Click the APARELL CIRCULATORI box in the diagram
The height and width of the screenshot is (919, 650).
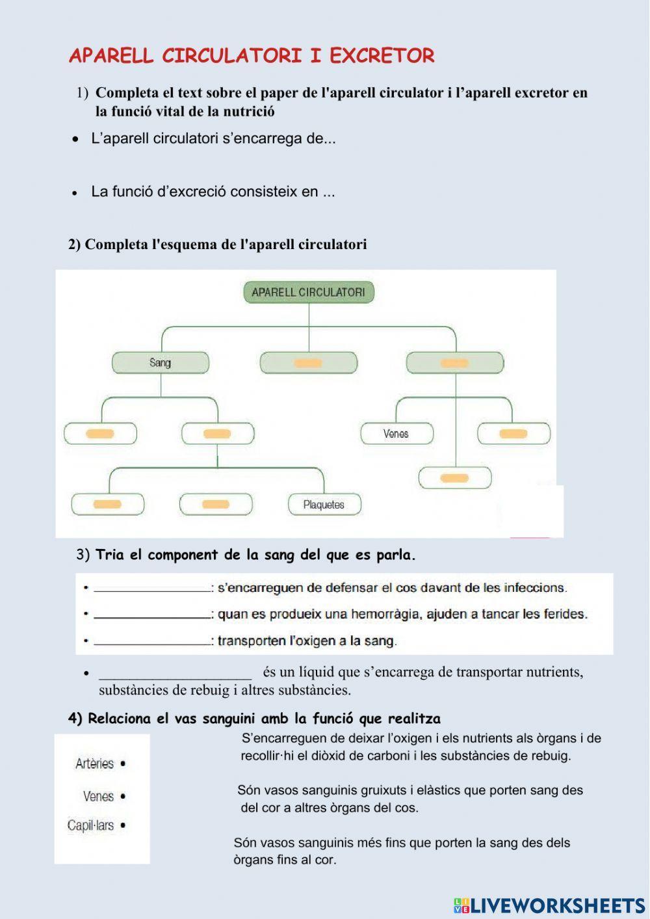coord(308,293)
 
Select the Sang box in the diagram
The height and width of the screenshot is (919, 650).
coord(161,362)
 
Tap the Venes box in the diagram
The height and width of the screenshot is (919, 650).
coord(396,433)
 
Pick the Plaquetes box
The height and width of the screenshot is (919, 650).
coord(324,504)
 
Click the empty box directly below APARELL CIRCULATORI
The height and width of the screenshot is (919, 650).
coord(308,362)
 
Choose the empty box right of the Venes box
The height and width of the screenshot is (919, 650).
coord(513,433)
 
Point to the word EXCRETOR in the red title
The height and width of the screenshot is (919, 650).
coord(382,56)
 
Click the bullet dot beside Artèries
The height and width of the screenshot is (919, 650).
coord(123,764)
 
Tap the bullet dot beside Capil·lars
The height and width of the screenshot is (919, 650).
coord(123,826)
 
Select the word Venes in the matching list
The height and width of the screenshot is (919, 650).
coord(98,796)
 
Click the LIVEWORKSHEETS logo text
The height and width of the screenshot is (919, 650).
coord(557,905)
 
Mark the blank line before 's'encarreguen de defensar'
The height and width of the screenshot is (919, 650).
coord(152,588)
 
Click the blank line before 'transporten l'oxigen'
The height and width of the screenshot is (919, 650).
coord(152,641)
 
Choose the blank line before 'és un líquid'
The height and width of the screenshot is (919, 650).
coord(175,673)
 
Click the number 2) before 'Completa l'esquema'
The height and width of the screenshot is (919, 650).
coord(75,245)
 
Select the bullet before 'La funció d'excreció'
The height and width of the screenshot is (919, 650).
coord(75,193)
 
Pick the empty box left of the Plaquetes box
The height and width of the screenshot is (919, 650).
coord(215,504)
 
